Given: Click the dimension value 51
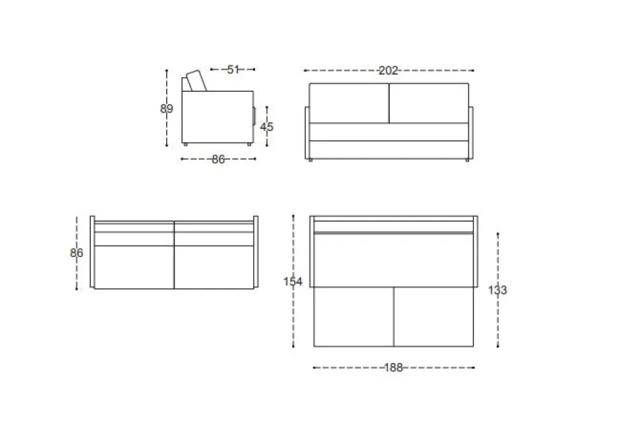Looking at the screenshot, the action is click(233, 70).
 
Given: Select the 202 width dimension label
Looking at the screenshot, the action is click(388, 71).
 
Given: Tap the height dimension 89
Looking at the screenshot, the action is click(166, 109).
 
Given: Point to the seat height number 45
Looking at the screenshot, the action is click(267, 127).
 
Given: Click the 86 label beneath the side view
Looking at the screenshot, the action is click(218, 159).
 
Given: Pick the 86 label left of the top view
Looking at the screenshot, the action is click(76, 253).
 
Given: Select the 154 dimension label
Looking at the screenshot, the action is click(293, 282).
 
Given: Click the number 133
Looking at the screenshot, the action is click(497, 290).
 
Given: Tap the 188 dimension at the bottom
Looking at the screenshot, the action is click(394, 367).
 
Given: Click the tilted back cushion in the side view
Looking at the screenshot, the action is click(196, 81).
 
